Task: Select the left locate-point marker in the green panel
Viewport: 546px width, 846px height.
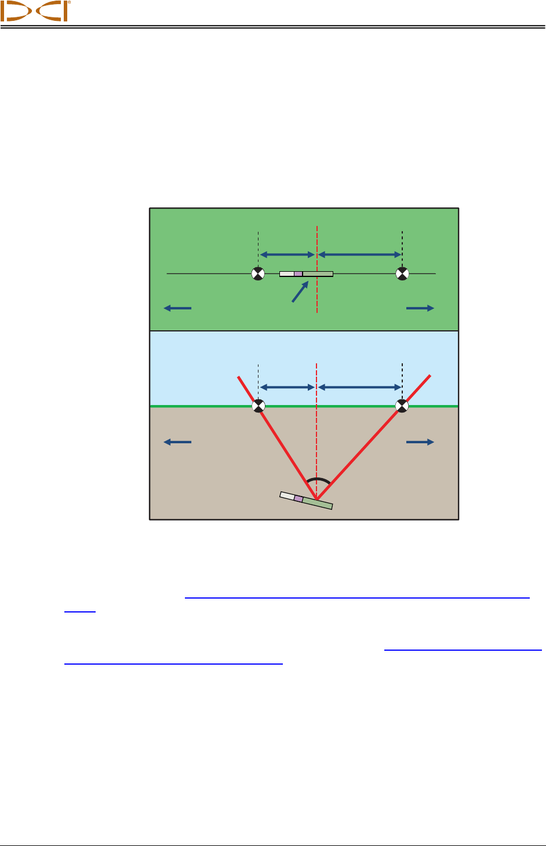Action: (x=258, y=274)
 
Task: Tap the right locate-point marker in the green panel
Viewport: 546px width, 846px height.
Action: (x=402, y=274)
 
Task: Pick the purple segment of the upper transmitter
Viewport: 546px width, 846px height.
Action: (x=298, y=274)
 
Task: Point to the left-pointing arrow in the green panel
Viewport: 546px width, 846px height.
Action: (x=177, y=308)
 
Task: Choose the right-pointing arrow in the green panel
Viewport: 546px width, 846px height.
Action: (x=420, y=308)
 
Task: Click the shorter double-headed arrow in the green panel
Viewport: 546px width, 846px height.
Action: (x=287, y=254)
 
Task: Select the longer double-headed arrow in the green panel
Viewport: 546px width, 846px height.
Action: (x=360, y=254)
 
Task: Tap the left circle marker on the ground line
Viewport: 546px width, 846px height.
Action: (x=258, y=406)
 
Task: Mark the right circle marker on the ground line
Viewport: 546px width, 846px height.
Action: (x=402, y=406)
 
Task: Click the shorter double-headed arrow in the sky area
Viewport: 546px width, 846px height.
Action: (x=287, y=387)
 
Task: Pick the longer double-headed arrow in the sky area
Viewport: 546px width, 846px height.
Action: (x=360, y=387)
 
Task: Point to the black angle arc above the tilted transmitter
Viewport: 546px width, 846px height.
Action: (x=318, y=480)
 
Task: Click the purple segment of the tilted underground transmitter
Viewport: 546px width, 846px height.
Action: (x=299, y=498)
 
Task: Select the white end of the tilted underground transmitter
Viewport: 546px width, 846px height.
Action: (x=287, y=495)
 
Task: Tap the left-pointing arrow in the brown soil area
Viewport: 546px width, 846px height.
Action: (x=177, y=442)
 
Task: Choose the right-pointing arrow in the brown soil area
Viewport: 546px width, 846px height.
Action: (x=420, y=442)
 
